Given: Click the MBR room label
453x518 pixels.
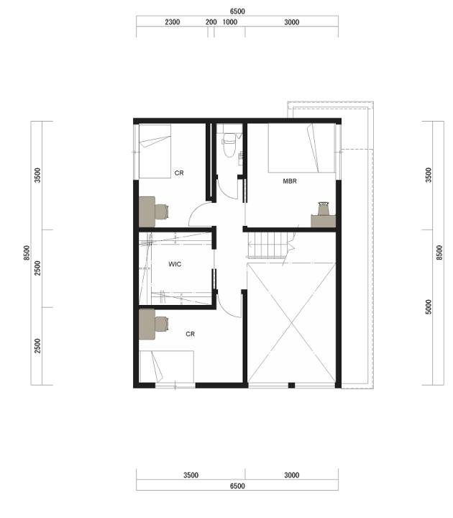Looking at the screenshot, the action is point(290,181).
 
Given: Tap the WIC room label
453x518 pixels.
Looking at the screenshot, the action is point(175,264).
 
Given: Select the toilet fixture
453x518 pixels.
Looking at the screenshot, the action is point(229,144).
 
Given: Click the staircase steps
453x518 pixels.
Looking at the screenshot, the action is point(267,245).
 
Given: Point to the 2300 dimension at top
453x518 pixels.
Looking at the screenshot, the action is point(173,22).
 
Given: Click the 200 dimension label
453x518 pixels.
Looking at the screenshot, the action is point(211,22).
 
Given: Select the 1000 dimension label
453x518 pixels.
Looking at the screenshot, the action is point(230,22).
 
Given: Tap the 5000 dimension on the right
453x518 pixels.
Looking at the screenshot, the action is point(429,307).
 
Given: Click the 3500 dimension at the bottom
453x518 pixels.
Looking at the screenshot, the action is point(191,475).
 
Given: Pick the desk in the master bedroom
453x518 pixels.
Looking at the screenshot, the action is point(324,221).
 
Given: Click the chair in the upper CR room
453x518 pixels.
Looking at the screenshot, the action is point(162,212).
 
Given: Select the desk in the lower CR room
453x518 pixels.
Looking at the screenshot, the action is point(147,324).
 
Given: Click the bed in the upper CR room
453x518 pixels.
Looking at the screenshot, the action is point(155,151).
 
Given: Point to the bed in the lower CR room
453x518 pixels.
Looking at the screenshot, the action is point(167,367).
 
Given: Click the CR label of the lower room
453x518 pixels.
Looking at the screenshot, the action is point(190,334).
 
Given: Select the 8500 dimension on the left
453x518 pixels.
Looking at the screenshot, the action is point(27,253).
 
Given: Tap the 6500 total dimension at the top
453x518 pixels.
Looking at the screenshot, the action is point(237,12).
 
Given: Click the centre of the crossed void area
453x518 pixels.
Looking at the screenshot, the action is point(291,322).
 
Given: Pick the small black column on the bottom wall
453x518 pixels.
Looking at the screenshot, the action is point(291,385).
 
